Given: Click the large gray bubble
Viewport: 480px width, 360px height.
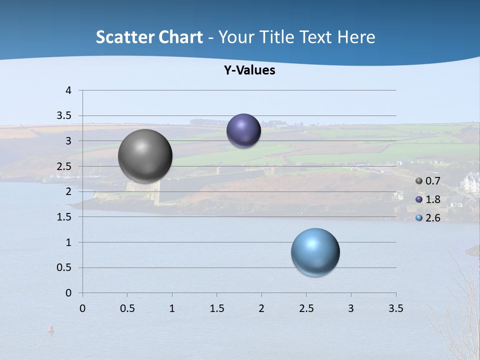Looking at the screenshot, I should [145, 156].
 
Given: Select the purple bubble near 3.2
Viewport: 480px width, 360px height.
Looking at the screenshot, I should [243, 130].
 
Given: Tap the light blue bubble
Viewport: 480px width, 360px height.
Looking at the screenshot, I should [315, 252].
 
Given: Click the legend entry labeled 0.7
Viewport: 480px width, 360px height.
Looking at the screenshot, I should [428, 181].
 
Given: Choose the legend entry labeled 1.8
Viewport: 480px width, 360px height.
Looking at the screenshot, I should [428, 199].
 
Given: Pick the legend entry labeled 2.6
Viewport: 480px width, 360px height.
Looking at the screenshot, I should [428, 218].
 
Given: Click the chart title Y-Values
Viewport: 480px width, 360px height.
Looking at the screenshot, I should [249, 70].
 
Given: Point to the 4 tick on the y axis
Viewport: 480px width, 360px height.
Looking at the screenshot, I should [68, 90].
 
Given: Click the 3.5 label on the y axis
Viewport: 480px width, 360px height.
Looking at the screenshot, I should [64, 115].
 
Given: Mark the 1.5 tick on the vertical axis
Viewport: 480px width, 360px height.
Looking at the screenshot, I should [64, 217].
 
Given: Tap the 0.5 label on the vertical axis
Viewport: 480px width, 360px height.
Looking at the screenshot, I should [64, 267].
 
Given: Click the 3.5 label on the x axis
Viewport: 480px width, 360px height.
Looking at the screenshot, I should [395, 308].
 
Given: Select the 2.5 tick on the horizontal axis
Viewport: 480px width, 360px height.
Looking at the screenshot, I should [306, 308].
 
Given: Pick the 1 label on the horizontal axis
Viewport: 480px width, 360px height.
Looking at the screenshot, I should [172, 308].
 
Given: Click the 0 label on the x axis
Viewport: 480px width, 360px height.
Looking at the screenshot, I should [82, 308].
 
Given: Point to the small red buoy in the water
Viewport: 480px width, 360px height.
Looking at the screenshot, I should [50, 328].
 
